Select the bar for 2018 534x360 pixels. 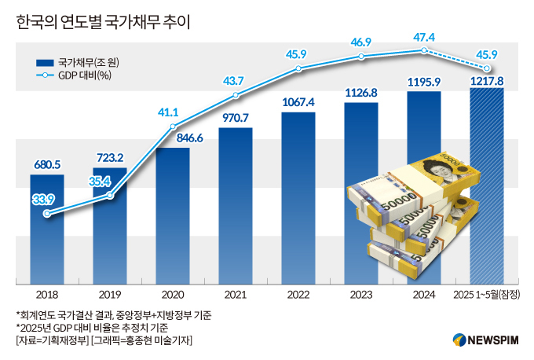pos(47,236)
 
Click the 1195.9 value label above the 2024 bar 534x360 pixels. pos(423,81)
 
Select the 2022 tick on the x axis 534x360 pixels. pos(298,295)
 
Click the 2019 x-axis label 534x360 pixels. pos(110,295)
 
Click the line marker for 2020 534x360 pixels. pos(173,127)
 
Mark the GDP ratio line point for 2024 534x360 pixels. pos(423,50)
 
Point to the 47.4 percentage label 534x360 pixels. pos(423,37)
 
